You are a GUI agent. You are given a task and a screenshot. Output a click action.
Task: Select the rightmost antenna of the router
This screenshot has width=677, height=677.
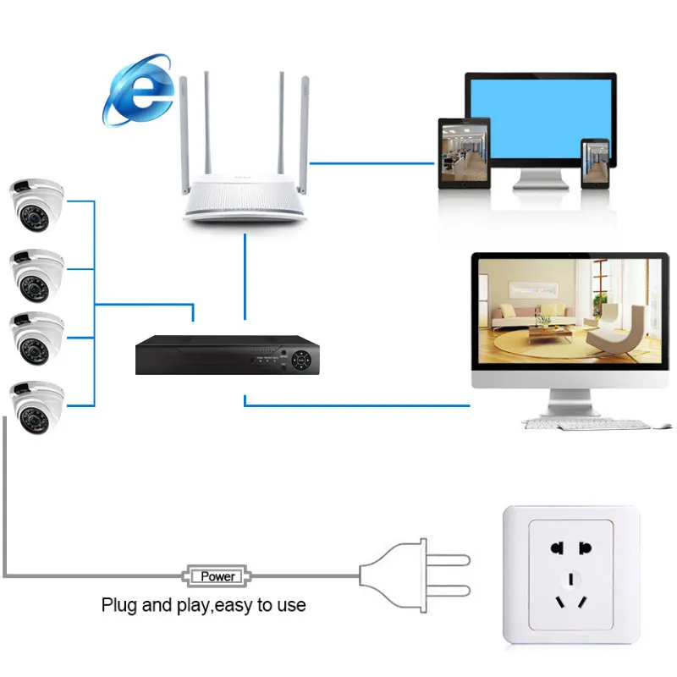click(304, 127)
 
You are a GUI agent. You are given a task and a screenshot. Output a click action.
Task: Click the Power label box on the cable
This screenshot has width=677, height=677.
click(217, 576)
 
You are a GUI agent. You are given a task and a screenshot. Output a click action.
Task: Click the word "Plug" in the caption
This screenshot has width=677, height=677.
click(118, 606)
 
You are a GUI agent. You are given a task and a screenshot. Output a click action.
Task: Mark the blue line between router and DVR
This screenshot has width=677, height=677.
click(245, 275)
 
